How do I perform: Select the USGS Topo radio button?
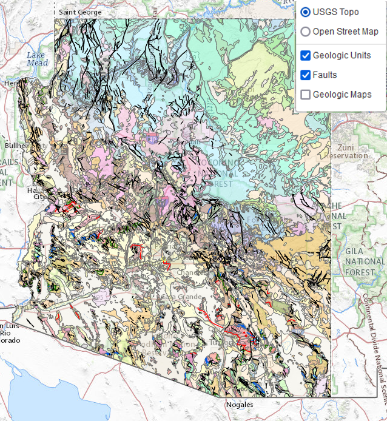[306, 12]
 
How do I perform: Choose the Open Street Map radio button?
[306, 32]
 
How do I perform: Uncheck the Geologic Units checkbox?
[306, 56]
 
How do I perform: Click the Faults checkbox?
[306, 75]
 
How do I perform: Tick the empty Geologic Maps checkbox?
[306, 95]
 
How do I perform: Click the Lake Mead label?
[36, 59]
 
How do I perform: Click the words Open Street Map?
[345, 32]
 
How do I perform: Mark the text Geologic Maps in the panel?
[342, 95]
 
